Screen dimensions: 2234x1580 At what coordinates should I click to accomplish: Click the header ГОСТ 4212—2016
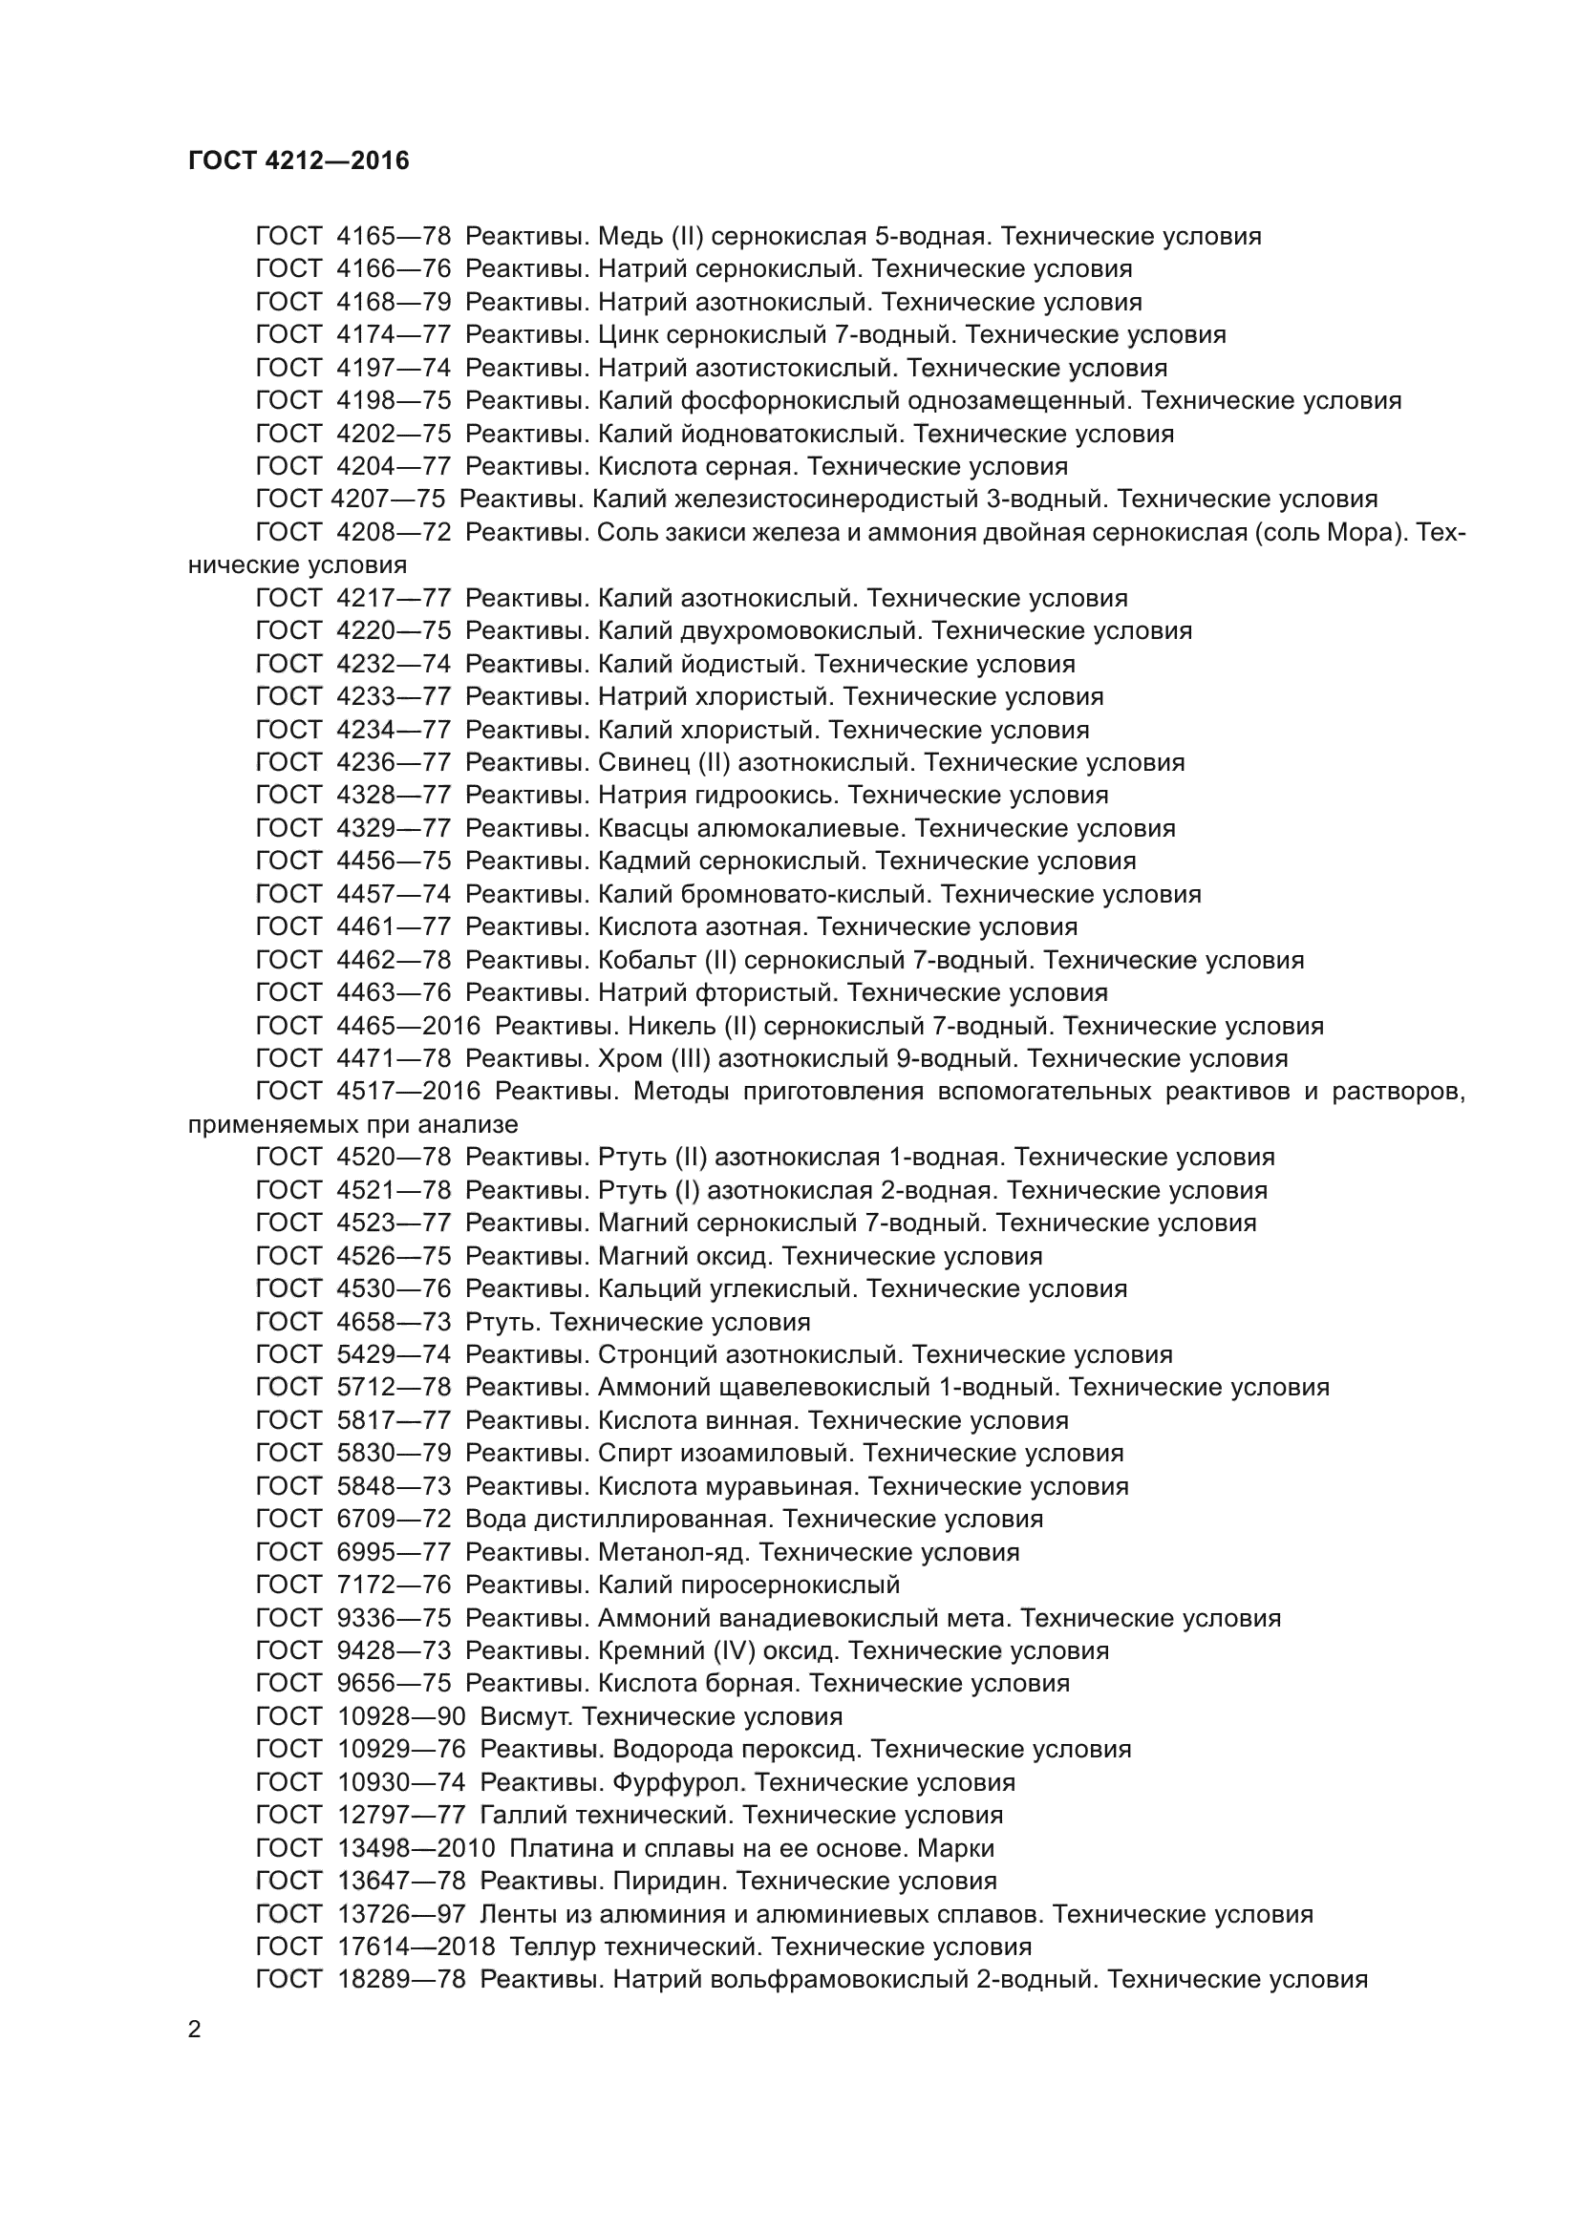299,160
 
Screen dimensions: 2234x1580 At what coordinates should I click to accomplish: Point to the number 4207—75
388,500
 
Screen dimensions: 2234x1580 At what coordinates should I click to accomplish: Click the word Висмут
525,1716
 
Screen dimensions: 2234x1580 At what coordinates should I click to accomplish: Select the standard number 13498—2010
416,1848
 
